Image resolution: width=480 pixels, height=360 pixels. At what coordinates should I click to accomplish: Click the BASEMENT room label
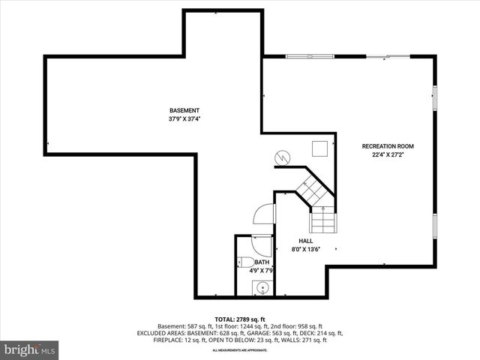(184, 110)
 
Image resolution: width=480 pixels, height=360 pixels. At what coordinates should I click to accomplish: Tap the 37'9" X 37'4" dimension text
(184, 118)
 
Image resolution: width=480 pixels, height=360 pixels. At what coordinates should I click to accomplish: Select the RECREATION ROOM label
(388, 146)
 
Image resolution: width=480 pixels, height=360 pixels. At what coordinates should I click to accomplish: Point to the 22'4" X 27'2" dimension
(388, 154)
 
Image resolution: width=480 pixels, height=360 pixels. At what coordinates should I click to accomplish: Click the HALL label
(305, 241)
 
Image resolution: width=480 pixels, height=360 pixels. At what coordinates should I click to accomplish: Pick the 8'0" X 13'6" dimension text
(305, 249)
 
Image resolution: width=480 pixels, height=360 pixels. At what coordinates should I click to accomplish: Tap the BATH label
(261, 262)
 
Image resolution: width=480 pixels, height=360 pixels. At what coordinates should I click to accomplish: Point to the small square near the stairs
(321, 148)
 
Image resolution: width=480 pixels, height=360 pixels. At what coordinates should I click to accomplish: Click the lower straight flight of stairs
(323, 222)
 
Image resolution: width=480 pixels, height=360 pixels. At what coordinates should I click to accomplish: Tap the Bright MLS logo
(30, 349)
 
